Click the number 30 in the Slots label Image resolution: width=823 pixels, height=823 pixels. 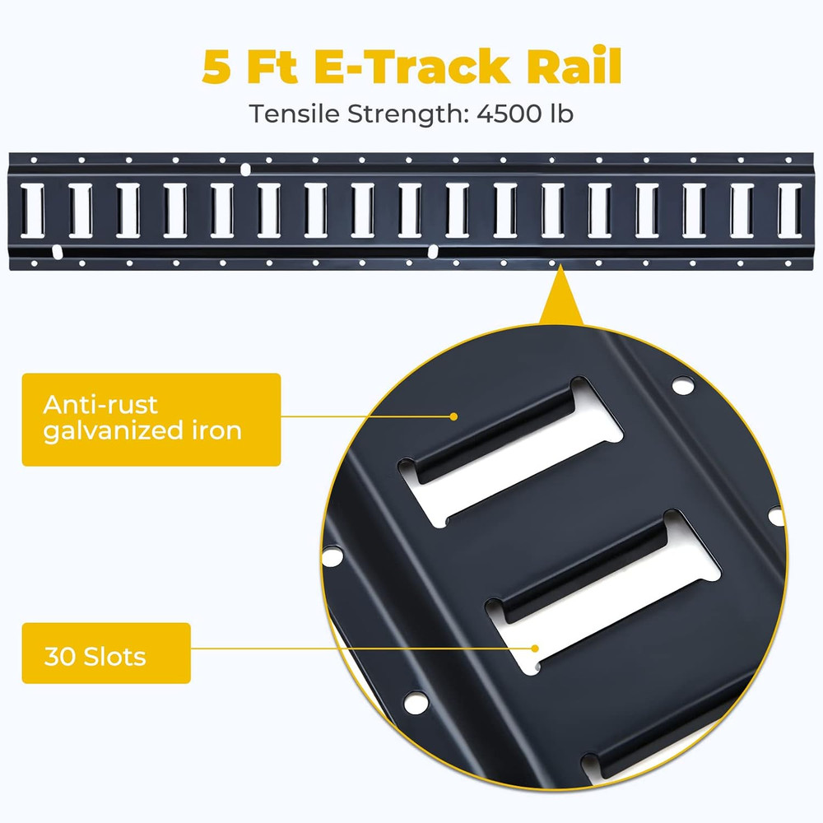point(59,657)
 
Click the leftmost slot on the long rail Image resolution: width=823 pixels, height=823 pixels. point(33,211)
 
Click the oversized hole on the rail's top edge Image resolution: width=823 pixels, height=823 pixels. point(245,170)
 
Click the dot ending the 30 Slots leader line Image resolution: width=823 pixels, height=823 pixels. point(536,647)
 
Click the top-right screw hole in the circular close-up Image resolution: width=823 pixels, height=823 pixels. point(681,384)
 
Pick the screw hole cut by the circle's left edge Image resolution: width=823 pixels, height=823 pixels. point(332,557)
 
